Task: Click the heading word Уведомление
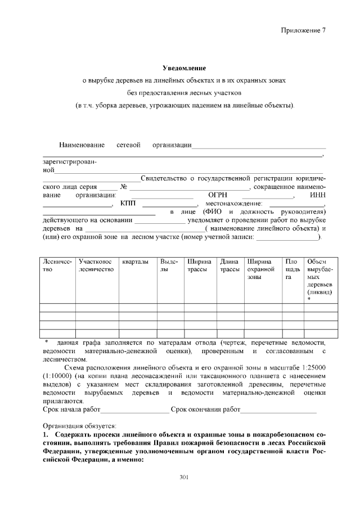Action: click(x=180, y=68)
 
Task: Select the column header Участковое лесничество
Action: click(x=96, y=265)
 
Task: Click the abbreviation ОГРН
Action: click(x=217, y=195)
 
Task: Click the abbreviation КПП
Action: click(x=128, y=203)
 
